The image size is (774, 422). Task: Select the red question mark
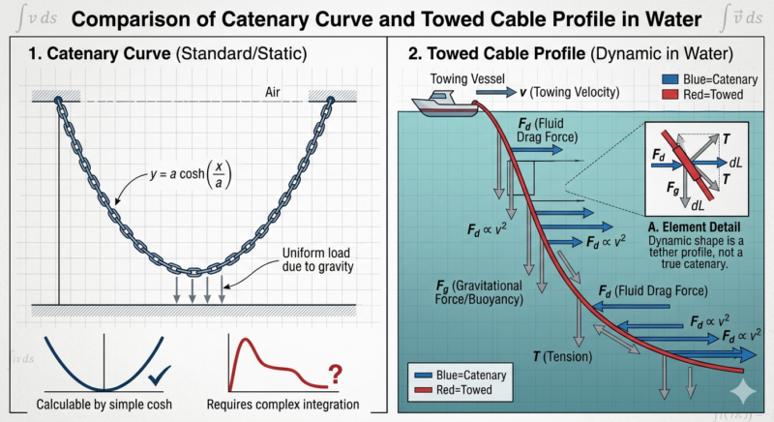click(336, 373)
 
